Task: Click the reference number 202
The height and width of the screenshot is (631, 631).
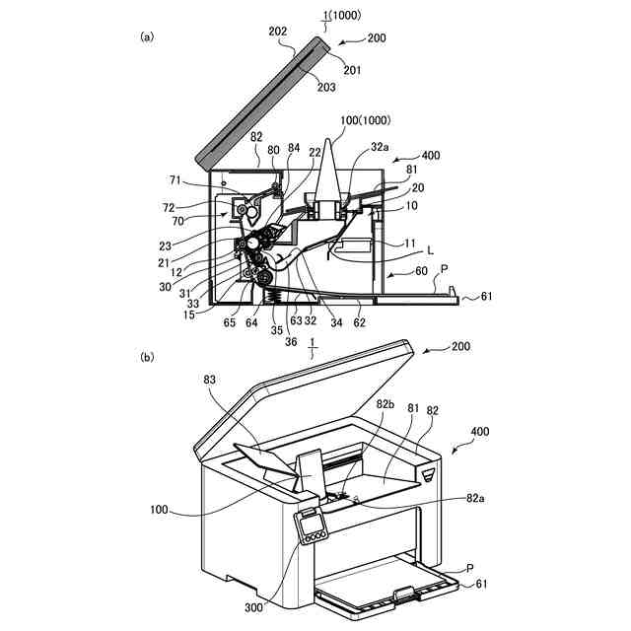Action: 278,32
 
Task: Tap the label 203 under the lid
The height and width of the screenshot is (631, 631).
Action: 325,87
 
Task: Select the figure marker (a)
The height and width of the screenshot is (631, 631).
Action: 148,36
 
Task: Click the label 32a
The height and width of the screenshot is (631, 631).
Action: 382,144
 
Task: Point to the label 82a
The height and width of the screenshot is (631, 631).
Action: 475,499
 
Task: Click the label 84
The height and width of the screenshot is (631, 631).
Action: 295,148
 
